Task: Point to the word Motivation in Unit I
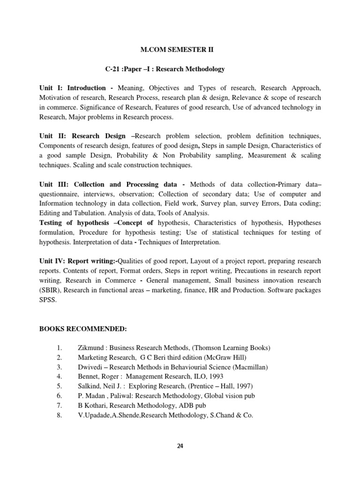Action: pos(56,97)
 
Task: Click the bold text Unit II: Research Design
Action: pos(82,136)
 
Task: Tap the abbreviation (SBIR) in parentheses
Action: pos(50,290)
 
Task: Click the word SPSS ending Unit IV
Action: pos(48,300)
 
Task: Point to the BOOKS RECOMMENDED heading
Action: pos(83,329)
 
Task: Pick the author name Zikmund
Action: pos(91,348)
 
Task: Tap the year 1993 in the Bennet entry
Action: pos(215,376)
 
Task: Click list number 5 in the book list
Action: pos(59,386)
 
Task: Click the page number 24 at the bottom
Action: pos(180,446)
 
